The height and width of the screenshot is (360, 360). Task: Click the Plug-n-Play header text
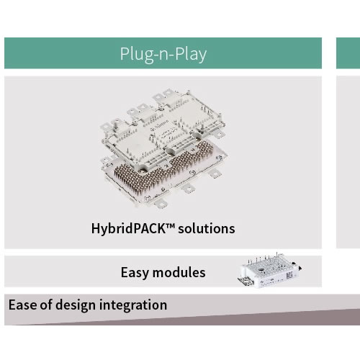(x=163, y=54)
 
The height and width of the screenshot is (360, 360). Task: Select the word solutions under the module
(x=207, y=228)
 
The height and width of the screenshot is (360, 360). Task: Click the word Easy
(x=135, y=273)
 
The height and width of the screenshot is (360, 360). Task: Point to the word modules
(x=179, y=272)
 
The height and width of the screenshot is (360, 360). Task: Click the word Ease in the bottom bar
(x=22, y=305)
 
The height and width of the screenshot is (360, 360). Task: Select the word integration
(x=133, y=305)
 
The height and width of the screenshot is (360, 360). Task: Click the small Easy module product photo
(x=269, y=271)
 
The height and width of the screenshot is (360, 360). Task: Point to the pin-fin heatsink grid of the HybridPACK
(x=163, y=166)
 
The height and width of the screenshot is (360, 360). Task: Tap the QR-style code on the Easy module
(x=289, y=275)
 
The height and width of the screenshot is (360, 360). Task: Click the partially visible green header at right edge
(x=348, y=53)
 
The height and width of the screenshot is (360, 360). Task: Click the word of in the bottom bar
(x=45, y=305)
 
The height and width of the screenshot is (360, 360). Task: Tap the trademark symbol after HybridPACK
(x=170, y=225)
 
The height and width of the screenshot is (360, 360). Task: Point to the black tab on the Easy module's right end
(x=300, y=269)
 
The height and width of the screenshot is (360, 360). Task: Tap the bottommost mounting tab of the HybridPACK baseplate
(x=161, y=204)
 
